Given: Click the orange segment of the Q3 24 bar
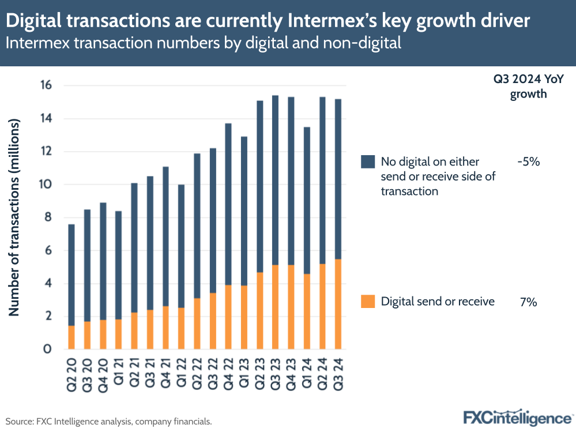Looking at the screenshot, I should [x=338, y=304].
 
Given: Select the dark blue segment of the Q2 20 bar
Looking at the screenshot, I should [x=71, y=275].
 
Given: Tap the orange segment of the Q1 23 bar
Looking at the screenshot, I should [x=244, y=317].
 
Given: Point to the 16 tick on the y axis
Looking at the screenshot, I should [x=46, y=85].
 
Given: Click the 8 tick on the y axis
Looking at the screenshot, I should [x=48, y=217].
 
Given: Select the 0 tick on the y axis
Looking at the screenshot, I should [x=48, y=349].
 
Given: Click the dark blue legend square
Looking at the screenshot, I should [x=368, y=161].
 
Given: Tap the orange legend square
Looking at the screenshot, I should [x=368, y=301].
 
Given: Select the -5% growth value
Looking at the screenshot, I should [x=528, y=162].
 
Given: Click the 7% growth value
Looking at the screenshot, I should [x=528, y=302].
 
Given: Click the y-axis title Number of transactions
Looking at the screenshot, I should [x=14, y=218].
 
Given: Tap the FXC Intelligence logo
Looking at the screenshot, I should [x=517, y=417].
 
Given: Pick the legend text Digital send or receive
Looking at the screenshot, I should [x=438, y=302].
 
